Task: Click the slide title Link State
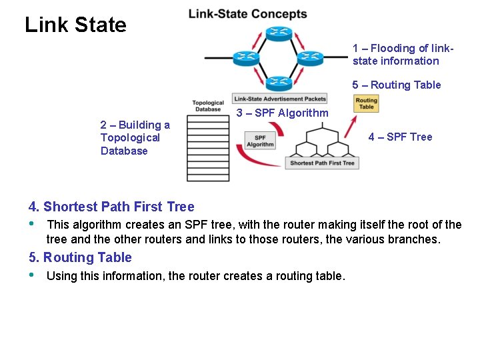click(x=75, y=25)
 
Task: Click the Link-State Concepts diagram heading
click(x=247, y=14)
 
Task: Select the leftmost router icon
click(x=245, y=57)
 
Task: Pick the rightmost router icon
click(x=309, y=57)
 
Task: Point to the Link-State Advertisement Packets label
click(x=280, y=99)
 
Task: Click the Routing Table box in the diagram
click(x=366, y=104)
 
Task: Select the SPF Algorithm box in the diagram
click(x=260, y=141)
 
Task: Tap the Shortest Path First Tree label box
click(x=322, y=163)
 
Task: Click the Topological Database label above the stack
click(x=208, y=107)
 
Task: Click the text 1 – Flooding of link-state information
click(x=403, y=55)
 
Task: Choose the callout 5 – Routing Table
click(x=397, y=85)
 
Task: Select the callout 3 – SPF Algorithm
click(x=283, y=113)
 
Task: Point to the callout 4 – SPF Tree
click(x=400, y=137)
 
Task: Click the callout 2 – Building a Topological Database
click(x=135, y=138)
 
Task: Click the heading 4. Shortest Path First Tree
click(x=111, y=207)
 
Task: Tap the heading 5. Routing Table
click(x=80, y=257)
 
